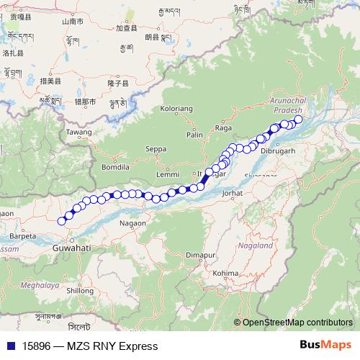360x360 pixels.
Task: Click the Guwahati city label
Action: (x=71, y=247)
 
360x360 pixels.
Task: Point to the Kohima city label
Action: (x=225, y=273)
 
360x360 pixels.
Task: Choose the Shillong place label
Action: (x=79, y=291)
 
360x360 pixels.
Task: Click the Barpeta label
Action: (x=23, y=235)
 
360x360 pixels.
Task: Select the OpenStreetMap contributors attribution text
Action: (x=297, y=322)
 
